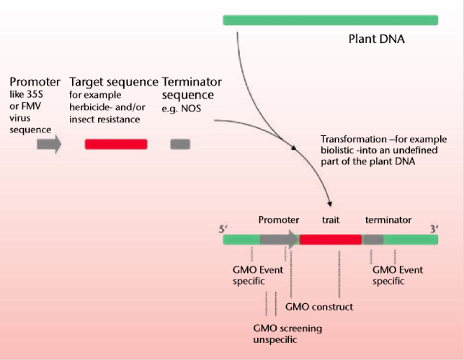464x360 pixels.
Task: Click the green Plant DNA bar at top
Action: click(330, 20)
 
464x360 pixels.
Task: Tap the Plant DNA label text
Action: click(376, 39)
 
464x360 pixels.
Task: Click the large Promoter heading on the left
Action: click(35, 82)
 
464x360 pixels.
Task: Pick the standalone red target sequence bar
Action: click(116, 144)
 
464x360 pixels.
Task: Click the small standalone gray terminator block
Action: click(179, 144)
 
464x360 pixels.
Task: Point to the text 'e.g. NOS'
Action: click(182, 109)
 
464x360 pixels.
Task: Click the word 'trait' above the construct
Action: click(331, 220)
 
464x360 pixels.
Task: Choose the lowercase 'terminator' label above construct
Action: click(388, 220)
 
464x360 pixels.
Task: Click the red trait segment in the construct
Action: click(330, 239)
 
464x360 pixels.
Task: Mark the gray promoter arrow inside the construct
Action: click(279, 239)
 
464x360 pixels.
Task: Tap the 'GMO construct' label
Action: click(319, 307)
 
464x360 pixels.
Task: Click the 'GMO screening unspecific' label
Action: click(287, 334)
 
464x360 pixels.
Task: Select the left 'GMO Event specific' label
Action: click(258, 275)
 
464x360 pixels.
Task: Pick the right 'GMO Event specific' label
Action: click(397, 275)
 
